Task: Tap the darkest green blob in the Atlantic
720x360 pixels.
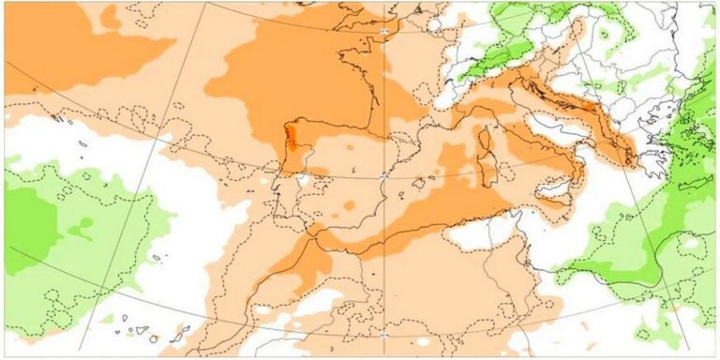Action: (x=28, y=225)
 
